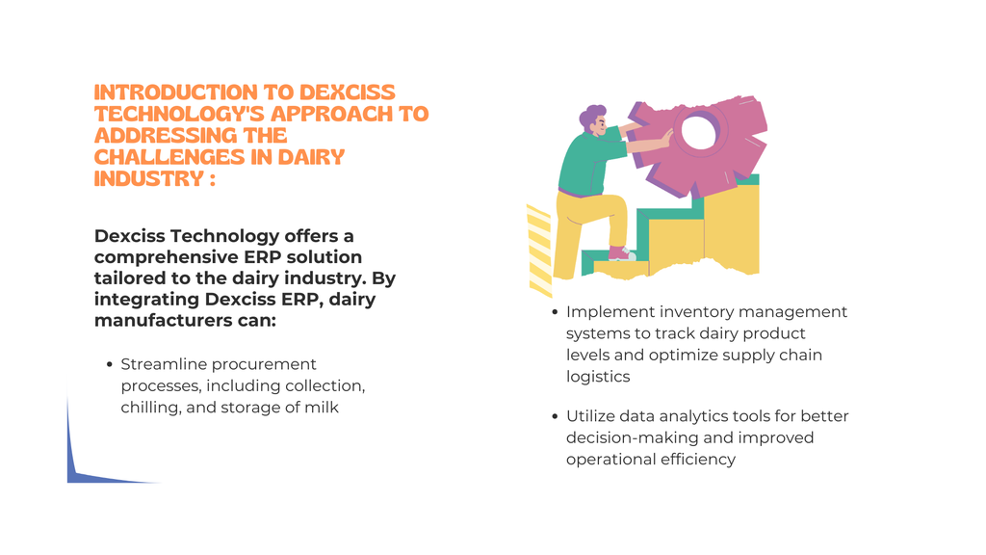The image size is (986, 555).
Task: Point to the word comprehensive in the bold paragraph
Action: [165, 258]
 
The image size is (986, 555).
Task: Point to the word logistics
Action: [598, 377]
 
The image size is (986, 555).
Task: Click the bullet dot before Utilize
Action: [555, 416]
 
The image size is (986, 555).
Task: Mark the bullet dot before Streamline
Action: [110, 364]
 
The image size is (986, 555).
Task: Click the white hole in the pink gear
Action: [699, 132]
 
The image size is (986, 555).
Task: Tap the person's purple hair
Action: [591, 117]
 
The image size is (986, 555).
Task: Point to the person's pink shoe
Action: [621, 253]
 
